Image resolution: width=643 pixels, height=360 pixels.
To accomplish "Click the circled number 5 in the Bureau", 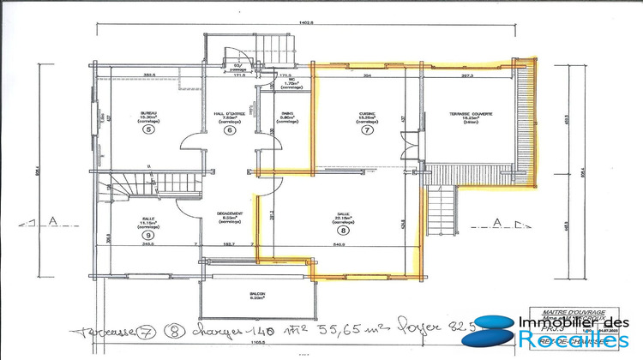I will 148,130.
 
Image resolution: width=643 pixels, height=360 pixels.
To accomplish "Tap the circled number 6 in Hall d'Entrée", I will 230,130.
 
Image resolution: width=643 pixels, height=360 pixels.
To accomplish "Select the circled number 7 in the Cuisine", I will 368,130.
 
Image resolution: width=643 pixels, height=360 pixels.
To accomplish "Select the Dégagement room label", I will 231,216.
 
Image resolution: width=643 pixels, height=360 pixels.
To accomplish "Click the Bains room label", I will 288,116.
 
